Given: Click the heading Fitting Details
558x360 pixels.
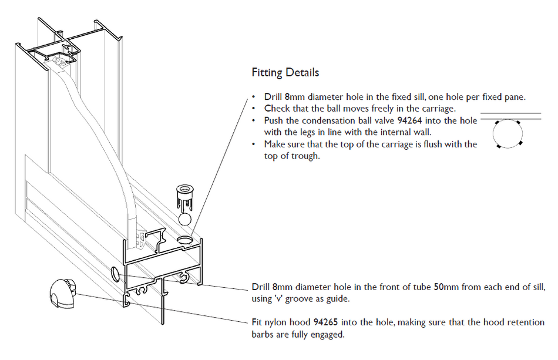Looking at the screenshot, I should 285,73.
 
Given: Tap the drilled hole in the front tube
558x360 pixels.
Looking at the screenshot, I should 115,273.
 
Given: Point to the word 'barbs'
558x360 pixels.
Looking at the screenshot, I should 263,335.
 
